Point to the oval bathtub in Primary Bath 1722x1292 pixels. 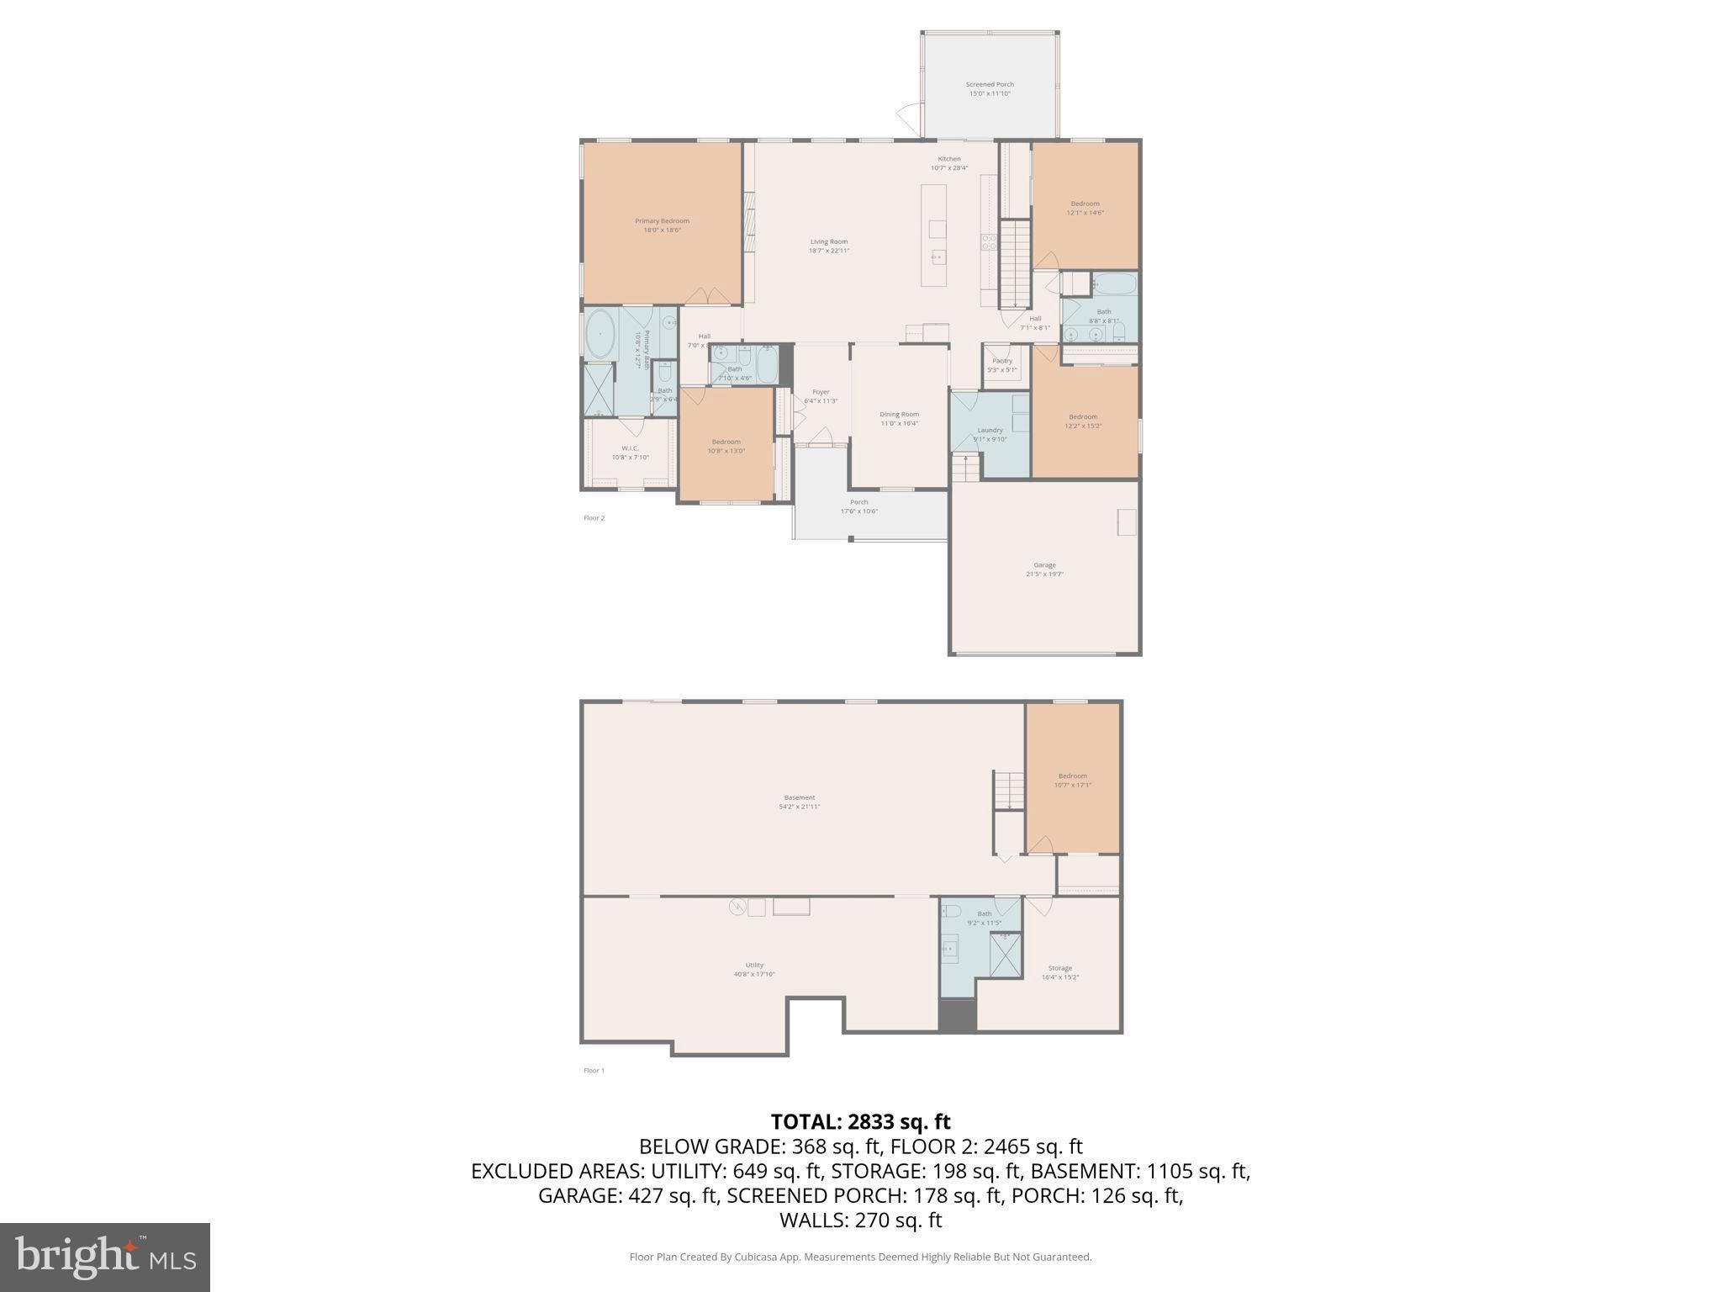tap(600, 333)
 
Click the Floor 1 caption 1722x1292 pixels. tap(594, 1071)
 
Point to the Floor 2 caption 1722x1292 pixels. tap(594, 518)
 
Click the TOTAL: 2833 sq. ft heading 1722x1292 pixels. tap(860, 1122)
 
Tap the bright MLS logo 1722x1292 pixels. tap(105, 1257)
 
